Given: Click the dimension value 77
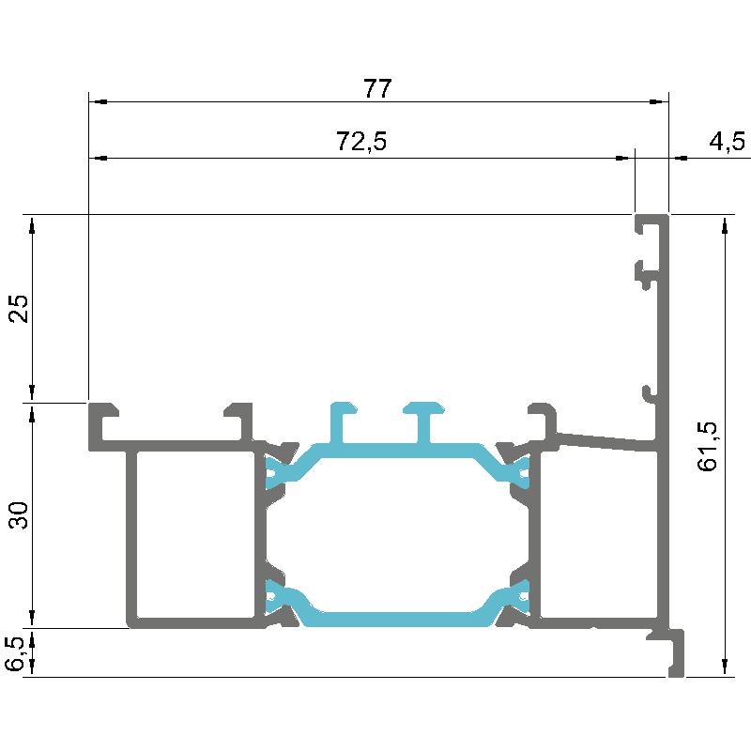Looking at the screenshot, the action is coord(377,88).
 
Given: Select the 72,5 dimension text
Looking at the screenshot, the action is coord(361,142).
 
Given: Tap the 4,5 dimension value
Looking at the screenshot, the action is coord(727,142).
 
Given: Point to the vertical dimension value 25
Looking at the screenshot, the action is coord(20,309).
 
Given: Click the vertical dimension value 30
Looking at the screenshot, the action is coord(20,514).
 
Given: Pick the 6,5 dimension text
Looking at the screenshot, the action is coord(15,653).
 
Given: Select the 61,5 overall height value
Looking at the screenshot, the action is coord(708,447).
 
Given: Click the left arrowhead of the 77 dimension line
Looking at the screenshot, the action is coord(98,102).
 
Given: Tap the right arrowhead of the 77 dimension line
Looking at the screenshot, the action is coord(659,102).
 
